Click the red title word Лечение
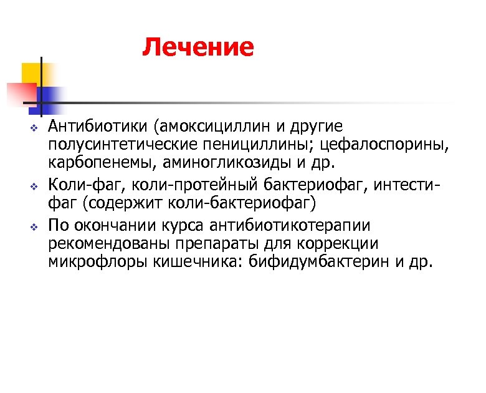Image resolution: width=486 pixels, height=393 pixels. pos(198,47)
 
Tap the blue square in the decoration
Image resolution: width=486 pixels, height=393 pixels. pos(50,97)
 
